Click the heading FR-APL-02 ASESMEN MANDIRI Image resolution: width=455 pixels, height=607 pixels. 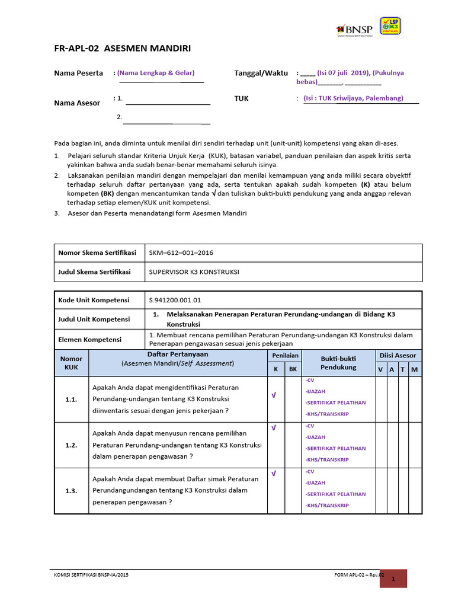[123, 49]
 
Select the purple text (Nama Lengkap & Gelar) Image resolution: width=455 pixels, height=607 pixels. [156, 73]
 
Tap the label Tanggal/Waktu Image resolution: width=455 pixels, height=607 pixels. [261, 73]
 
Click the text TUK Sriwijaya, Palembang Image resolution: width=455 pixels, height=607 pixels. [353, 98]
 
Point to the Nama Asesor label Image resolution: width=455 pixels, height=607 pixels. [77, 103]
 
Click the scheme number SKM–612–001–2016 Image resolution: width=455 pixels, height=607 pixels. [181, 253]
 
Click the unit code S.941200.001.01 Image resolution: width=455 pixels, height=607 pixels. [179, 300]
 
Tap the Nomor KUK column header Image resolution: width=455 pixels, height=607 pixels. [71, 363]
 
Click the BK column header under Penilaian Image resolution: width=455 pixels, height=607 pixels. [292, 369]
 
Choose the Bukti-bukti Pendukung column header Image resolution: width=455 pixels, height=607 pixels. [339, 363]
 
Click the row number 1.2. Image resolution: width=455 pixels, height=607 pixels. [71, 445]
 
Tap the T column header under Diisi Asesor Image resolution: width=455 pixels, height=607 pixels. [403, 369]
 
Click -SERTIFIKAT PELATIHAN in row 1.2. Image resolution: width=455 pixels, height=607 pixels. [335, 448]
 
